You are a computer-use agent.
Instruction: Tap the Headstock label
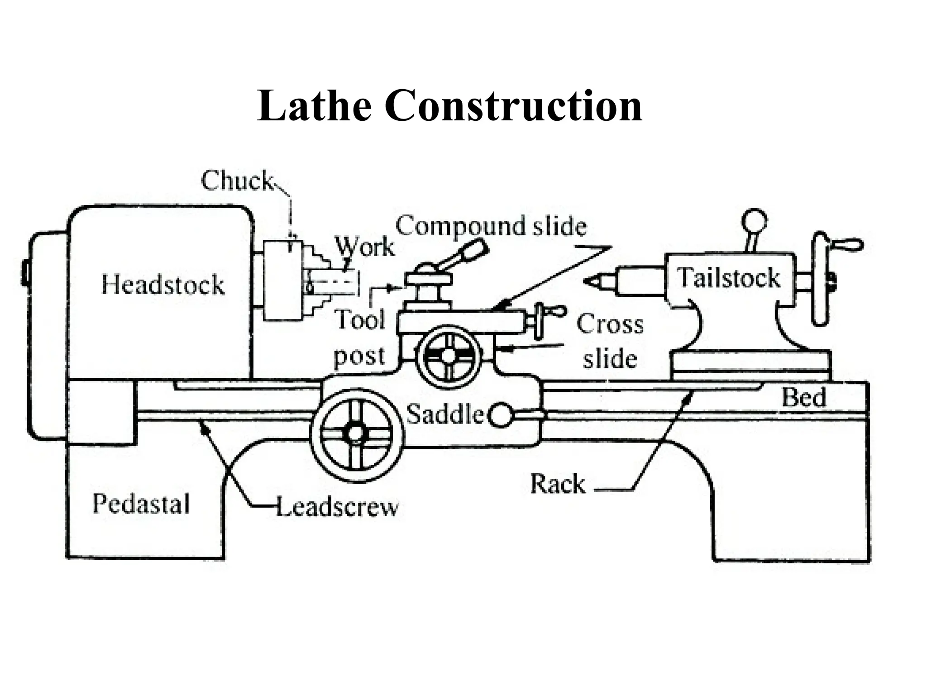[x=163, y=285]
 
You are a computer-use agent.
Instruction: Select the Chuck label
[x=237, y=181]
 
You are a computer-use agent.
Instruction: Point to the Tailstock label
[x=728, y=277]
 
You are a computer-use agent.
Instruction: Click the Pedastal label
[x=141, y=504]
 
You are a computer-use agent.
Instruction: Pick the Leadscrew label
[x=337, y=507]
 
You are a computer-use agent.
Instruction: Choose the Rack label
[x=558, y=484]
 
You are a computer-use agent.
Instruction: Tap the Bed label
[x=804, y=398]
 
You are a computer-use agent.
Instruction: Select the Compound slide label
[x=491, y=226]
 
